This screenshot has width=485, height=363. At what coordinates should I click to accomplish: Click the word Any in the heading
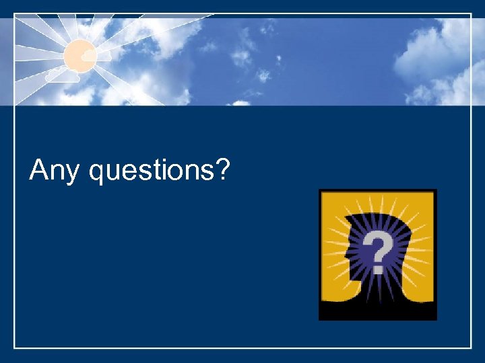(x=56, y=171)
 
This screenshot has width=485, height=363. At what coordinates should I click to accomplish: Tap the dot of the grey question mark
(x=379, y=269)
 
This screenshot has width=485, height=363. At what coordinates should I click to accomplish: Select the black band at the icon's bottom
(x=377, y=313)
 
